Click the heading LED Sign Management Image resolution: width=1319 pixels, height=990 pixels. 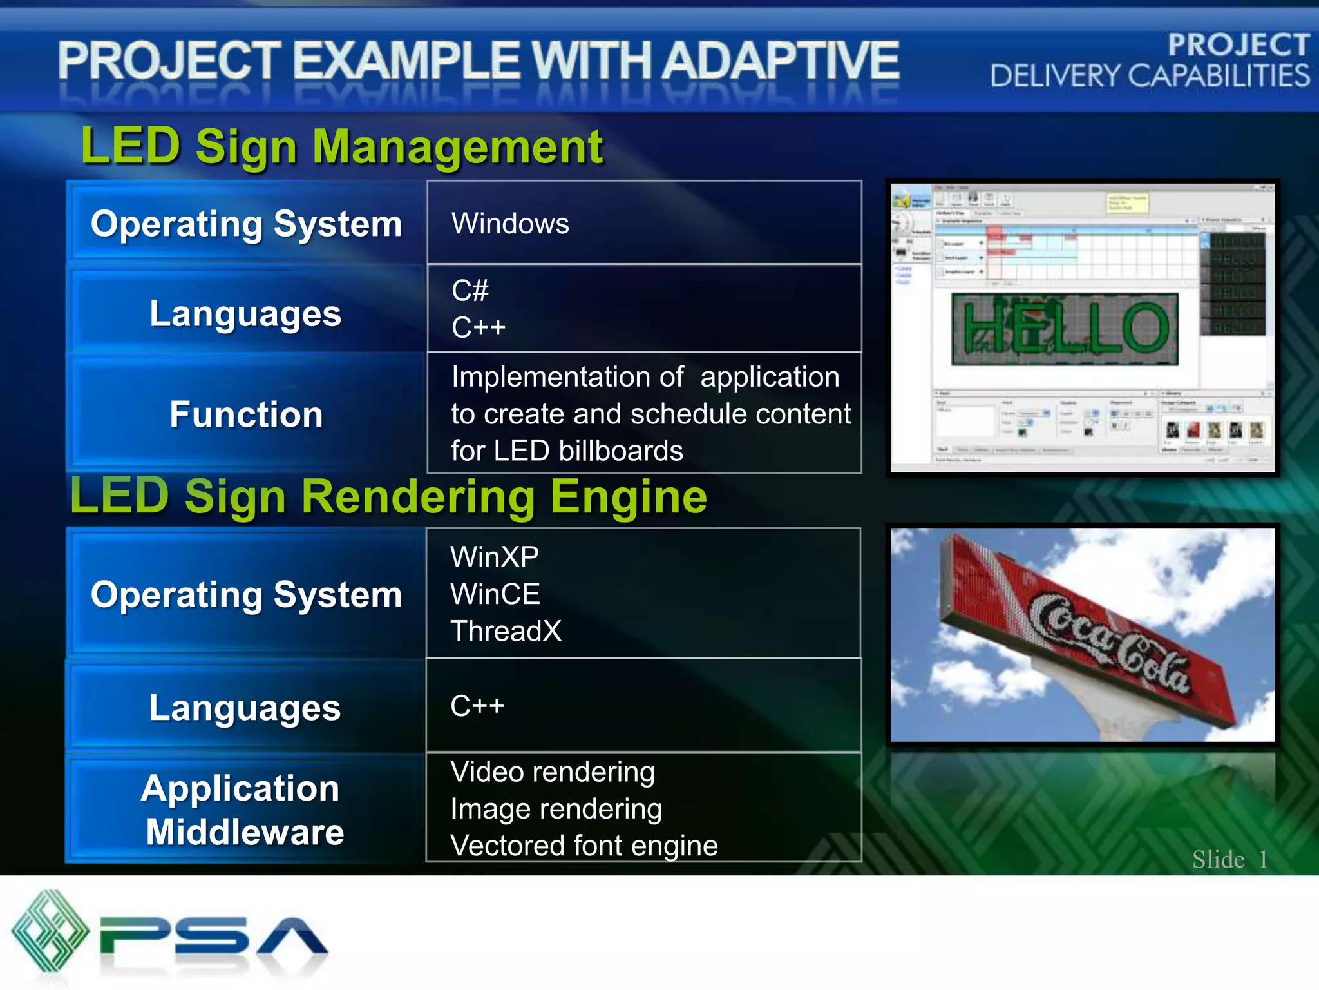point(342,147)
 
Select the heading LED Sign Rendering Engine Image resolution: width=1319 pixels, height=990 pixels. point(388,497)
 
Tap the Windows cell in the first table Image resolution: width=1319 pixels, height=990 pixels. point(510,224)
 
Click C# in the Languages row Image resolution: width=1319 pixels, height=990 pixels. point(470,291)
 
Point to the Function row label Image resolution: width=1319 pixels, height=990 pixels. point(246,414)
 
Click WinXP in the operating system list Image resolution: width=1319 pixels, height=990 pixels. point(494,557)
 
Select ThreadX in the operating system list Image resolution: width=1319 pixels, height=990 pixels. point(506,631)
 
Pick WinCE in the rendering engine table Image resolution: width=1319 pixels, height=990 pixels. point(495,594)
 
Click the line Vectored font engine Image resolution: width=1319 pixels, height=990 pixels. point(584,846)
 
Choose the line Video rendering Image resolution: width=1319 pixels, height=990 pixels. point(552,772)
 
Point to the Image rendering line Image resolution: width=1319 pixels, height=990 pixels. point(556,809)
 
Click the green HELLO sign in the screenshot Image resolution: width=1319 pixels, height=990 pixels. point(1065,329)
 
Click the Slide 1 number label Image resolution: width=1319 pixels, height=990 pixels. point(1229,859)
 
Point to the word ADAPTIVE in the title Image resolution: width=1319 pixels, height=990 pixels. point(781,61)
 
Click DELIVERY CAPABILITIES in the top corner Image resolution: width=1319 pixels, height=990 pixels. point(1150,76)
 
